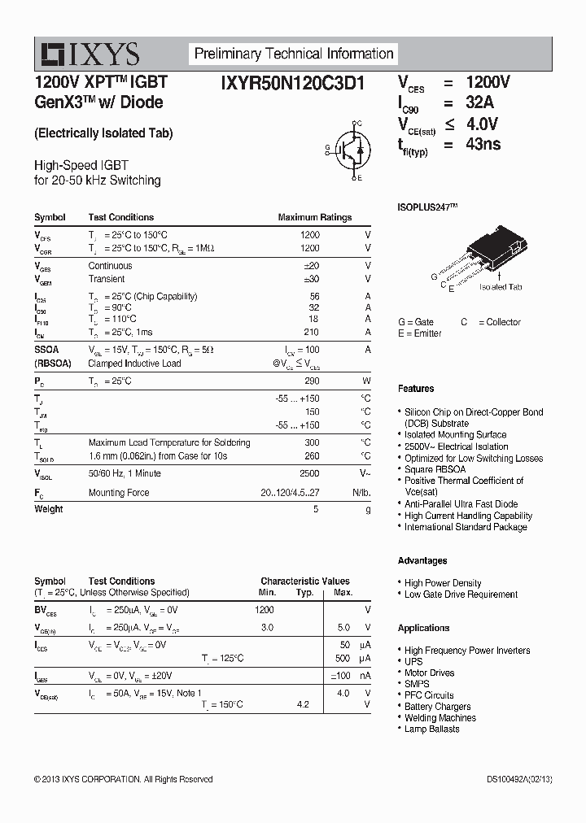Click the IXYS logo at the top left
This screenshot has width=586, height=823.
pos(90,54)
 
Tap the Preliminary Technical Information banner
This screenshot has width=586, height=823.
pos(294,54)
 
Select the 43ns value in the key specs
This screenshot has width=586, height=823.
pos(483,145)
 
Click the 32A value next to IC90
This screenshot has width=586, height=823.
pos(479,103)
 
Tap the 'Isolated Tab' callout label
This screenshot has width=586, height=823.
pos(501,287)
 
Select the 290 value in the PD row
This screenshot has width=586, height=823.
pos(310,381)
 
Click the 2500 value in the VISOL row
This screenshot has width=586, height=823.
pos(309,473)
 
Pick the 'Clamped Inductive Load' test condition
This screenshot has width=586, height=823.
pos(134,363)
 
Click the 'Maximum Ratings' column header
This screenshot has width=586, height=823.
pos(314,218)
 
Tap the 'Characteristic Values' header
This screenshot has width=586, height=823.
pos(305,581)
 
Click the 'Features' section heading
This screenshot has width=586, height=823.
pos(416,389)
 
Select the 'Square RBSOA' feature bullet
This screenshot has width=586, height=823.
pos(435,469)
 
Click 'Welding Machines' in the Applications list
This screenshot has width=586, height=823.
pos(439,718)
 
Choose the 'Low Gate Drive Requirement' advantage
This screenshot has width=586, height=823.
pos(461,594)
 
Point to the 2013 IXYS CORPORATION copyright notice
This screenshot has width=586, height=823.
pos(123,779)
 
